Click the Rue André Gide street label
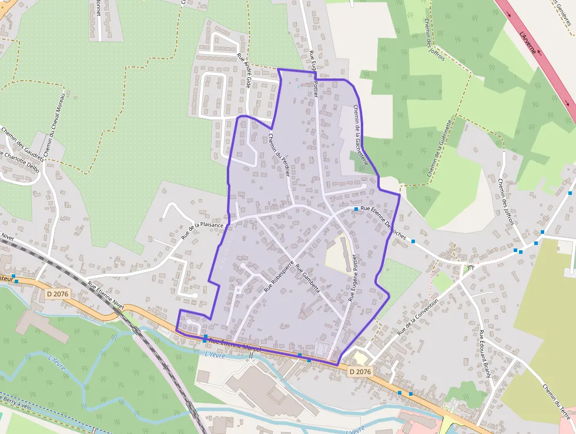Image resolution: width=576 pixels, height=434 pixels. (x=244, y=72)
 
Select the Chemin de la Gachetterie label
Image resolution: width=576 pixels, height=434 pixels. (x=361, y=135)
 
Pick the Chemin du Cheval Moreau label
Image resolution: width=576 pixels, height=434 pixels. (x=52, y=124)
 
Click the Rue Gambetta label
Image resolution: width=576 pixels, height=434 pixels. (x=308, y=279)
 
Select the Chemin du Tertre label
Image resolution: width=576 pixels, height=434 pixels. (x=556, y=403)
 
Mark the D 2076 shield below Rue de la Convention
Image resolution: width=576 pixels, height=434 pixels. (x=360, y=372)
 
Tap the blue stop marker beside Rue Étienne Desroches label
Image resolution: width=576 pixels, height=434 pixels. (x=356, y=209)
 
